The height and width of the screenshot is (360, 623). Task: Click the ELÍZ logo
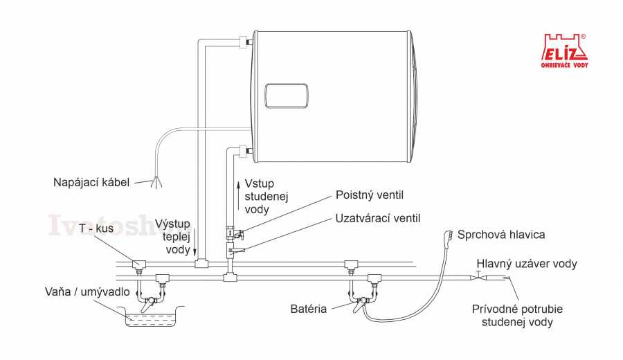click(x=564, y=49)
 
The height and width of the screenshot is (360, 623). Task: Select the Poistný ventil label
click(x=369, y=195)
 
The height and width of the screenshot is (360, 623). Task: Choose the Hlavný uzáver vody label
click(x=526, y=264)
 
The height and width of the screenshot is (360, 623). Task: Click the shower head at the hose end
click(x=449, y=236)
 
